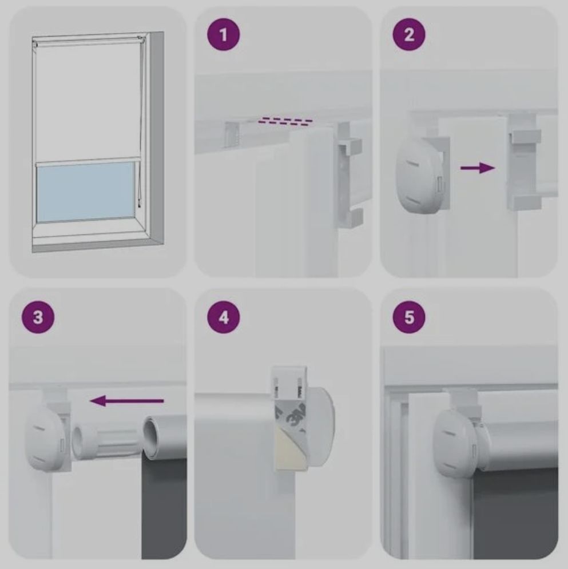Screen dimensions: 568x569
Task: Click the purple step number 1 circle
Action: click(223, 35)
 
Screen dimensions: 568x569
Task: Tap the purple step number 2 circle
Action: click(409, 34)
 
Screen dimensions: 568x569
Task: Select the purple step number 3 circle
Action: click(38, 317)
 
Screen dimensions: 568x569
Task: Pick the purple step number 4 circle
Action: click(224, 317)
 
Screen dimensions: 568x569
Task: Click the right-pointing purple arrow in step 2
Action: click(478, 168)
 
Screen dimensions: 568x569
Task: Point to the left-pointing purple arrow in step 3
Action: click(126, 401)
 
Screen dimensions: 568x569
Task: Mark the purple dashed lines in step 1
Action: click(285, 121)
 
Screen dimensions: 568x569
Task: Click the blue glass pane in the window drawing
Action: click(86, 192)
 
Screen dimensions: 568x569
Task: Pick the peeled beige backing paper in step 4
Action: click(290, 448)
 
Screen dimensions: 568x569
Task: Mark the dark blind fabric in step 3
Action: click(164, 508)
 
